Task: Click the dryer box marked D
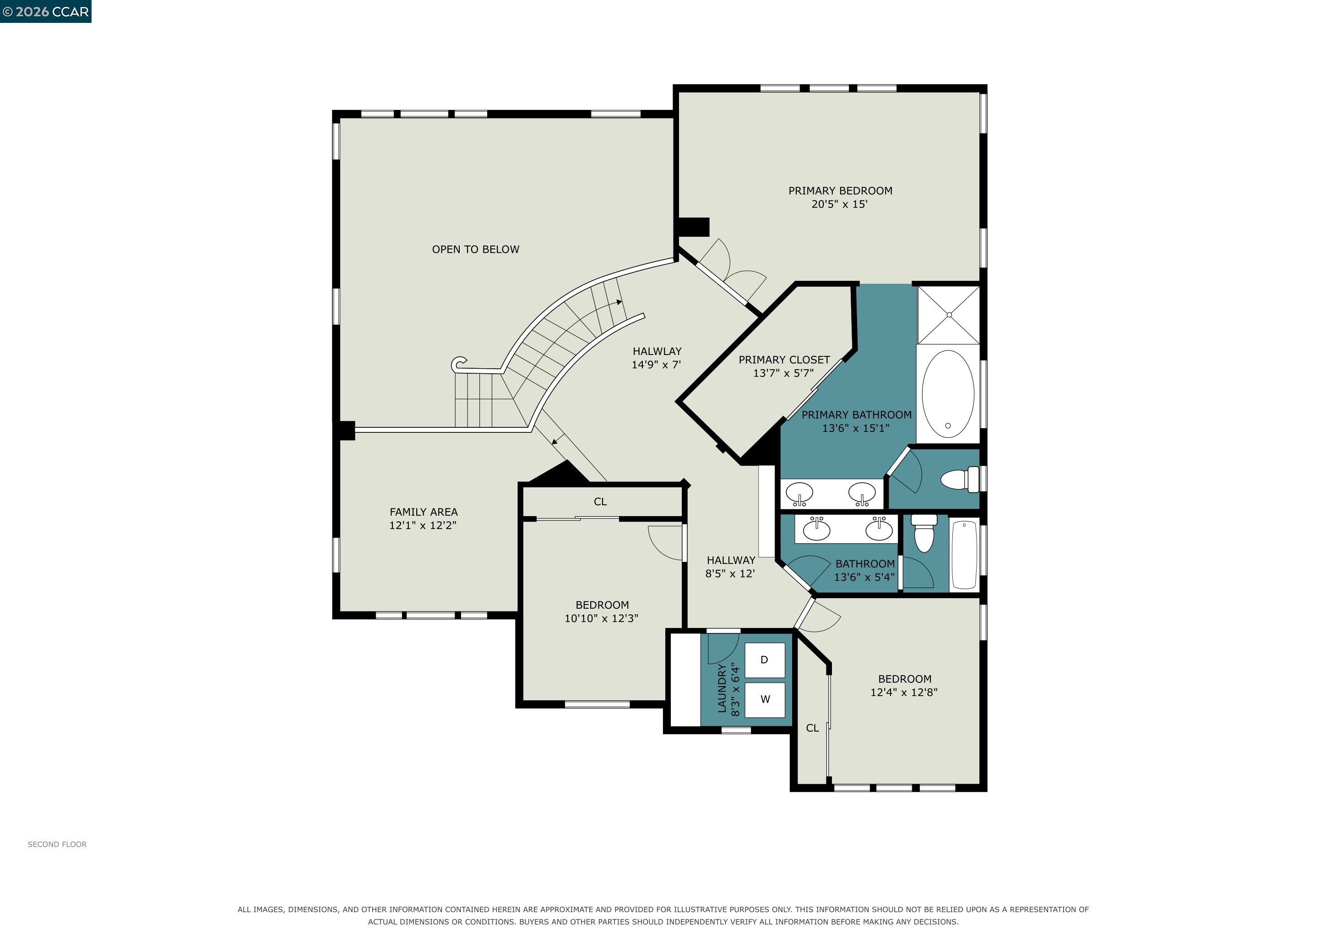click(x=765, y=660)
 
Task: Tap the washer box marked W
click(x=765, y=699)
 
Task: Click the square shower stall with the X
click(x=949, y=315)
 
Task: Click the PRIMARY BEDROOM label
click(x=840, y=191)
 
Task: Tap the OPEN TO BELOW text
click(x=476, y=250)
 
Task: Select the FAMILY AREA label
click(x=424, y=512)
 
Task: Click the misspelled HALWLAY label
click(x=657, y=351)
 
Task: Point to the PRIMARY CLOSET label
click(x=784, y=360)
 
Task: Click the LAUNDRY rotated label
click(x=722, y=688)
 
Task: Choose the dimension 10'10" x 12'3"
click(x=601, y=618)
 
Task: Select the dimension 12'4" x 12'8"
click(x=904, y=692)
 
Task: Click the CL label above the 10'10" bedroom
click(x=600, y=502)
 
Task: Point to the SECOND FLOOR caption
click(x=57, y=845)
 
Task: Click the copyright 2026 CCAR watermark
click(x=46, y=11)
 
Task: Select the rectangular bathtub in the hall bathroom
click(x=964, y=555)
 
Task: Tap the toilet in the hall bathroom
click(x=924, y=533)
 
